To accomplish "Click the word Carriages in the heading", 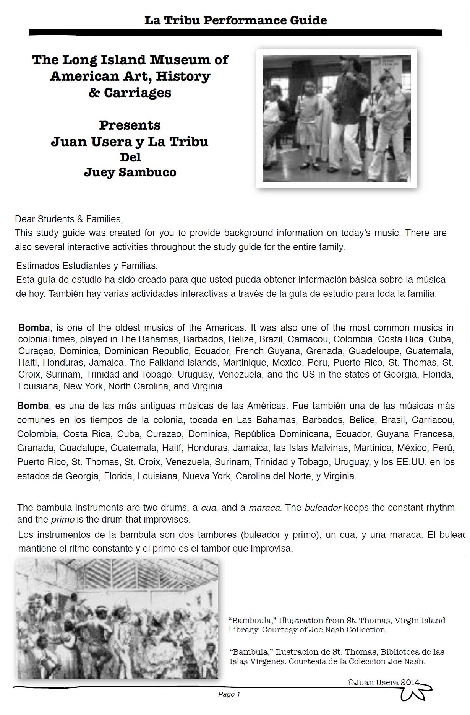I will [x=138, y=93].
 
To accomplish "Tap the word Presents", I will [x=130, y=125].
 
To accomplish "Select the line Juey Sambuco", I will [x=130, y=172].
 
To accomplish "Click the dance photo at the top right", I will [x=336, y=118].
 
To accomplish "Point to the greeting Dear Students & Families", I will [x=69, y=219].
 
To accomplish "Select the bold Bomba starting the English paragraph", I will [x=34, y=328].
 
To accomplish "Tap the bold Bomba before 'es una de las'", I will [x=33, y=406].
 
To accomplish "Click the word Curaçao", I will [x=36, y=351].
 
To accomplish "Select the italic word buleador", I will [x=323, y=508].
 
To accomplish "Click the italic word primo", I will [x=62, y=520].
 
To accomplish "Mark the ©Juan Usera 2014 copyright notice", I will [x=383, y=682].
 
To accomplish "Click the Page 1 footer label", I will [x=229, y=694].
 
